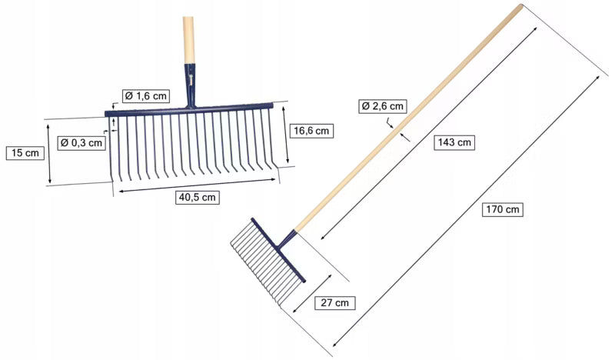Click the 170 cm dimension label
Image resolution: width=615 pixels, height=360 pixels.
[x=503, y=210]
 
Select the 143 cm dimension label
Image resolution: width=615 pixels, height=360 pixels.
[x=454, y=142]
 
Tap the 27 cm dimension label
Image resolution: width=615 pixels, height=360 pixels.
[x=335, y=302]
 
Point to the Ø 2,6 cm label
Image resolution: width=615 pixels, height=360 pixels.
[x=383, y=106]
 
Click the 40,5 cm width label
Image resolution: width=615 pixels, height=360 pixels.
[x=198, y=197]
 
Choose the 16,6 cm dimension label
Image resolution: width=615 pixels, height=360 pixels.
[x=311, y=131]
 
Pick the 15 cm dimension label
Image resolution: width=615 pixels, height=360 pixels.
[x=25, y=153]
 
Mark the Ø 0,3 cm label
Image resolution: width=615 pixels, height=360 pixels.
[x=81, y=143]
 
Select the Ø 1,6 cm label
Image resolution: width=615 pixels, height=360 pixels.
[x=146, y=96]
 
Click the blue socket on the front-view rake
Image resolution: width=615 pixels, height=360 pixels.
[x=190, y=85]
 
